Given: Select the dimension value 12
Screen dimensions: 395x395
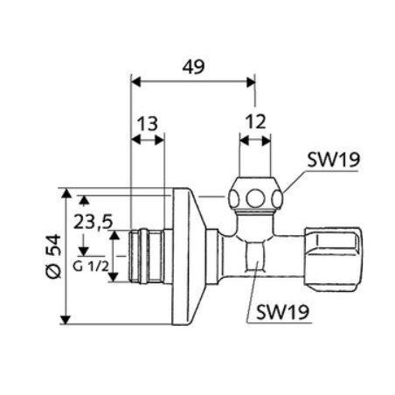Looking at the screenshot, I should [256, 123].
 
